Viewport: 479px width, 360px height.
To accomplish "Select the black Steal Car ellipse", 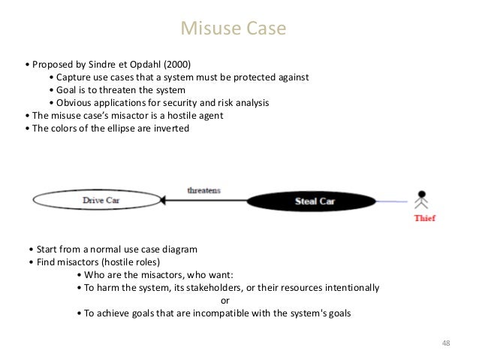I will [303, 201].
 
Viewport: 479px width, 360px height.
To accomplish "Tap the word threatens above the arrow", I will [203, 189].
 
